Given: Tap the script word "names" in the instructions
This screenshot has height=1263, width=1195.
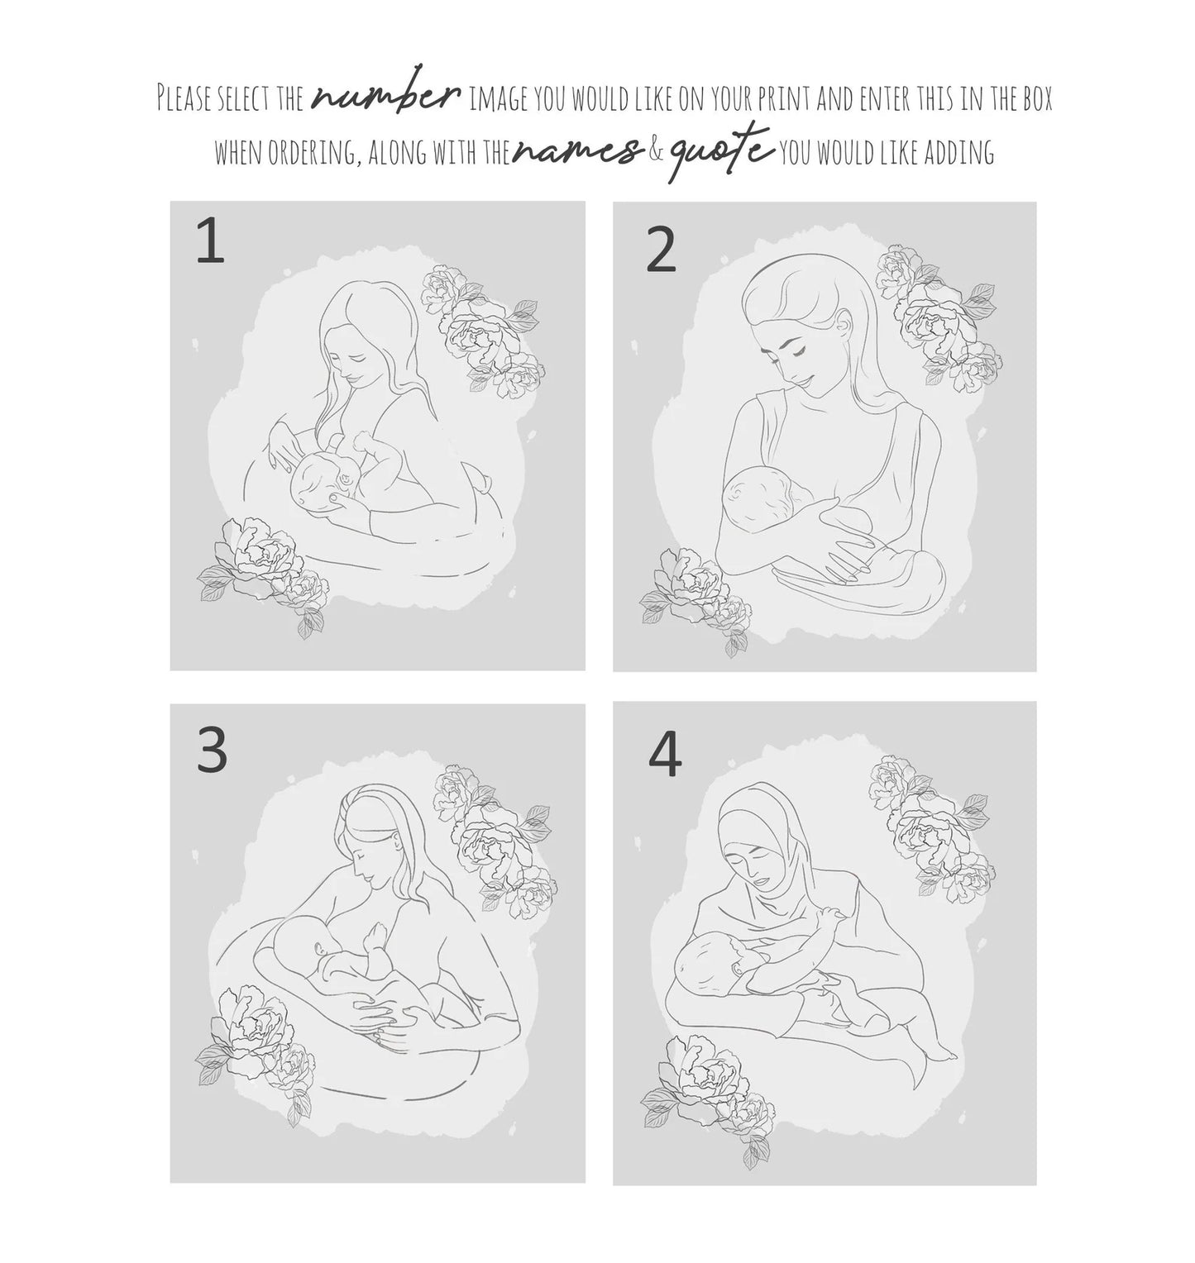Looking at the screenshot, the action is [576, 151].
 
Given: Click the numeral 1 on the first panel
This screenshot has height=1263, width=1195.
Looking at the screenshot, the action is [210, 243].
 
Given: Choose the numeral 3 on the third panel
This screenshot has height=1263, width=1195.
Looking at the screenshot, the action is [212, 751].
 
